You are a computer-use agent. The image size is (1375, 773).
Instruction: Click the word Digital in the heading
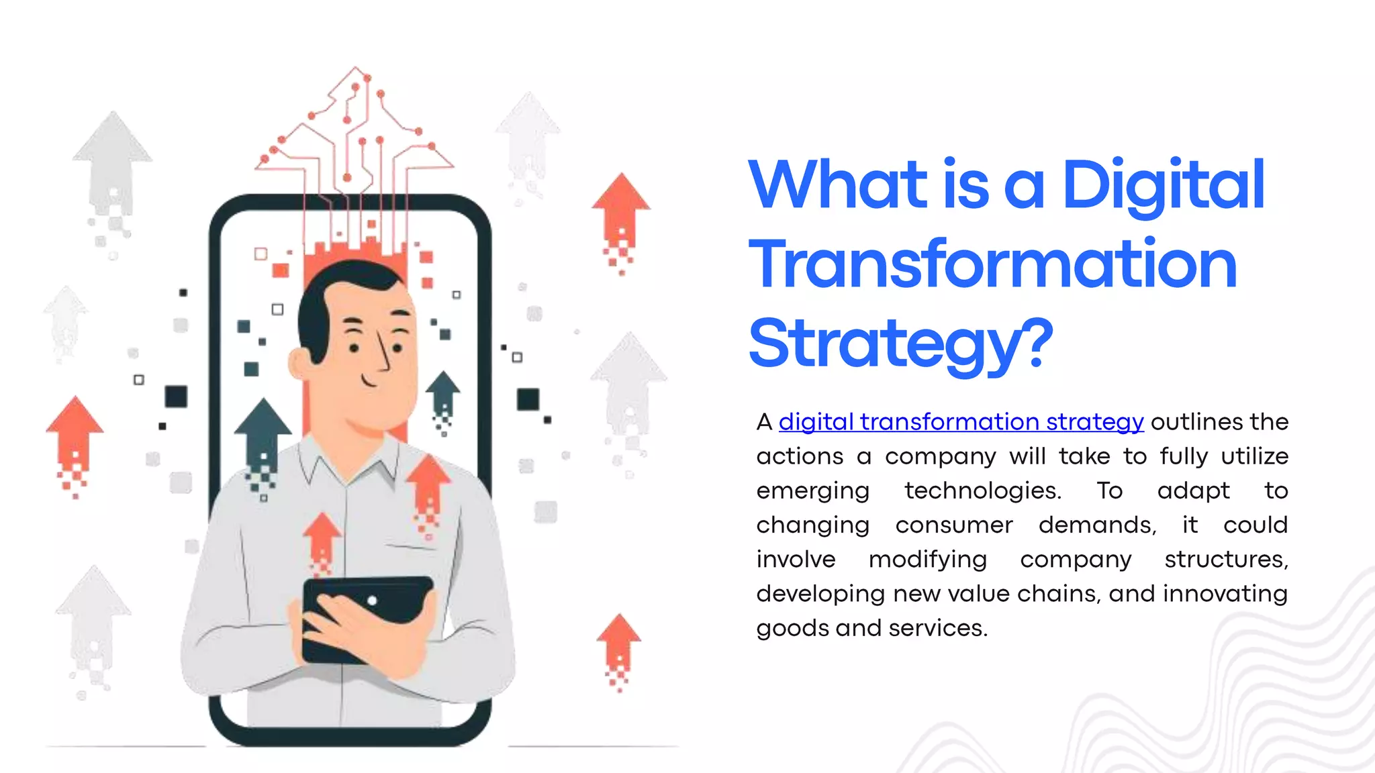coord(1163,185)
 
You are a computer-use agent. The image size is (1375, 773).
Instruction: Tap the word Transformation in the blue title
coord(992,265)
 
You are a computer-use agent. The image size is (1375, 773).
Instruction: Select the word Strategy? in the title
coord(900,344)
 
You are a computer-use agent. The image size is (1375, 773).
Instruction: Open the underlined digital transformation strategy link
coord(961,421)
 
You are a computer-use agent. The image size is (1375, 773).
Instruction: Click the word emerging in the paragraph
coord(813,491)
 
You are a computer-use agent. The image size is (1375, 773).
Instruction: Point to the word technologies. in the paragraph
coord(983,491)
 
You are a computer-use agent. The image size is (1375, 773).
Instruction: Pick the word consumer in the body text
coord(954,525)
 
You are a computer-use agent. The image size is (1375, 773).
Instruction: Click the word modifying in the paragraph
coord(928,559)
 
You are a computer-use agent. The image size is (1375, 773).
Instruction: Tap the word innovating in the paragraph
coord(1225,593)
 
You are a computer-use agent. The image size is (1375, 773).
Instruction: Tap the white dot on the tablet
coord(372,601)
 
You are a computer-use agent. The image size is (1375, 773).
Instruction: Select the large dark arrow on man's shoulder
coord(263,436)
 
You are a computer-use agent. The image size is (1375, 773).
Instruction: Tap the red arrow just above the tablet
coord(322,537)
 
